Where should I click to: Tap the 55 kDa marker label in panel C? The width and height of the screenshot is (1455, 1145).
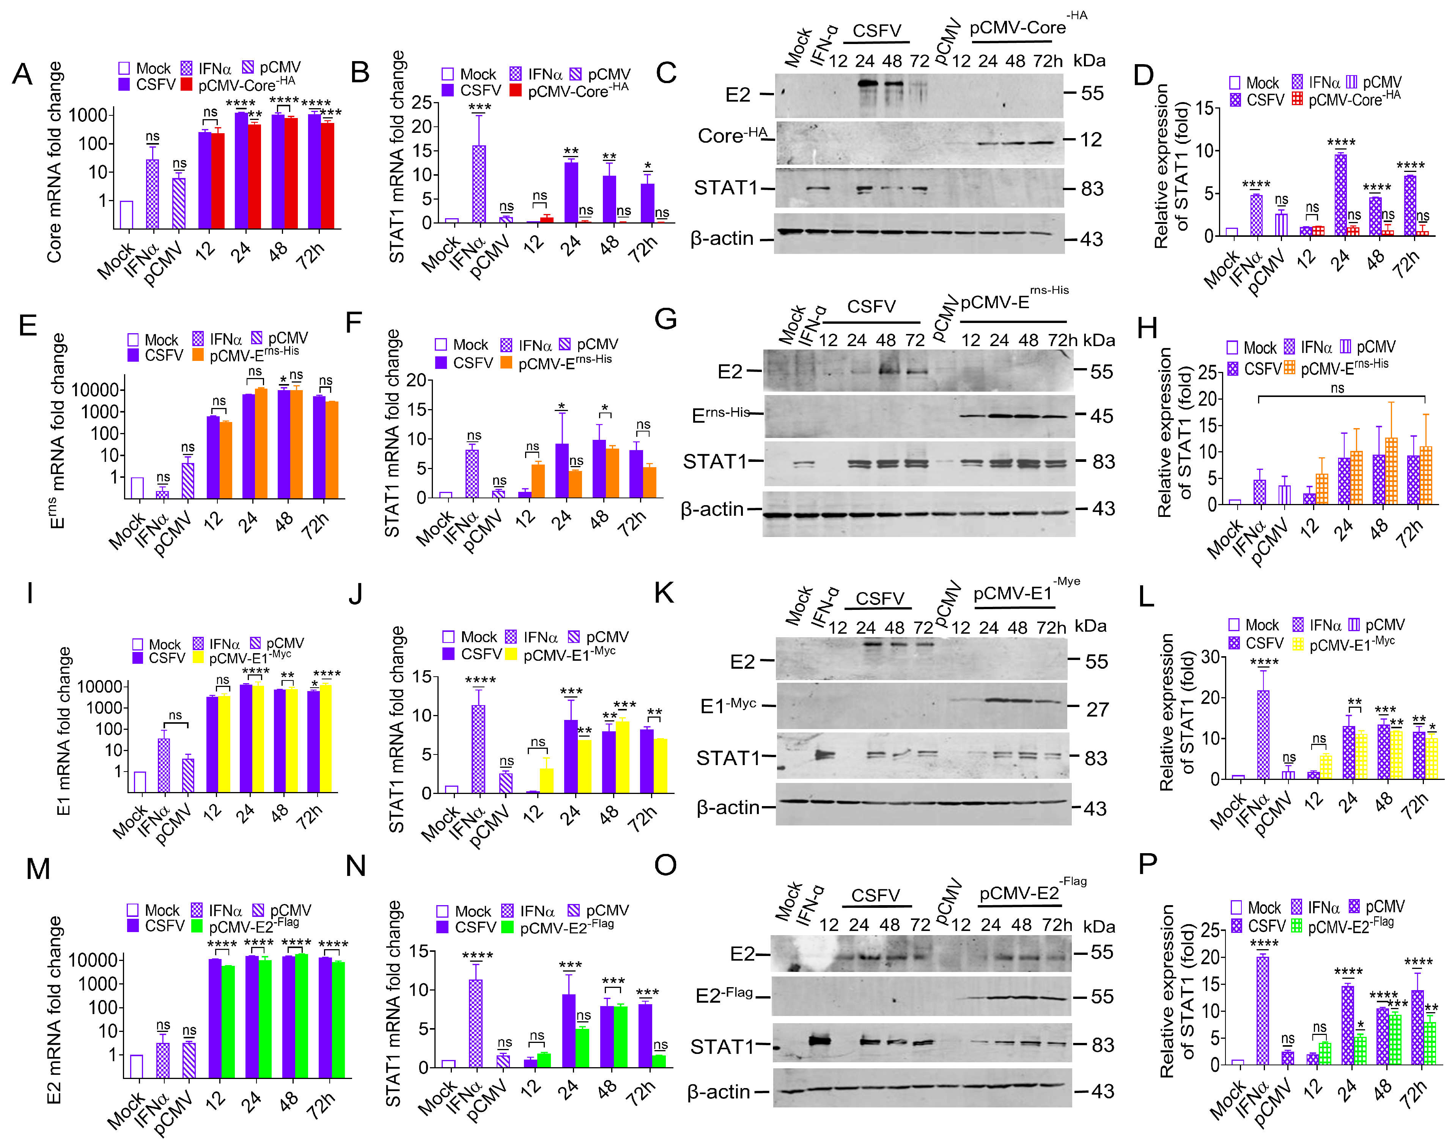click(x=1092, y=93)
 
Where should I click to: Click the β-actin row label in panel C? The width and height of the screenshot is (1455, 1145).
click(x=722, y=239)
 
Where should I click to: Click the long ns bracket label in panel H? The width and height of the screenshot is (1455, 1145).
click(x=1337, y=388)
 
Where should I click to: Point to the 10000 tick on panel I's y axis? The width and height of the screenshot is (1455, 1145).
click(x=101, y=687)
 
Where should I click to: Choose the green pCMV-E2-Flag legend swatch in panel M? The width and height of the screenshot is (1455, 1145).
click(x=197, y=926)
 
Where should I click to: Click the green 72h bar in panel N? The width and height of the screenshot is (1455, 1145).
click(x=659, y=1060)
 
